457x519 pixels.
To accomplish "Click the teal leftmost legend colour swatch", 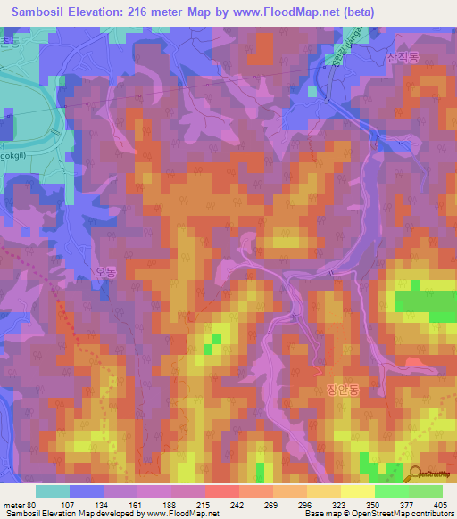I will tap(53, 490).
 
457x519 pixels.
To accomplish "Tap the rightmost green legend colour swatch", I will tap(426, 490).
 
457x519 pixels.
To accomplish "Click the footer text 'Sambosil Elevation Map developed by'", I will tap(71, 514).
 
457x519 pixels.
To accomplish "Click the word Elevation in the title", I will tap(104, 12).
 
